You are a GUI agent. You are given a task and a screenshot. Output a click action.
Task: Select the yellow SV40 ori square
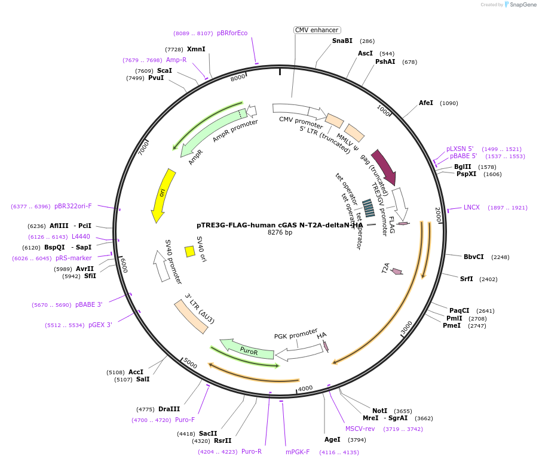(190, 251)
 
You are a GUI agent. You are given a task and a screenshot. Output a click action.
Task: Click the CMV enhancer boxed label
(317, 30)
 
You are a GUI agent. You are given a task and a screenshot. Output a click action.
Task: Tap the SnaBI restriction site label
(342, 41)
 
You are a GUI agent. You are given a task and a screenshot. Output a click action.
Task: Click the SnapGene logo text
(522, 5)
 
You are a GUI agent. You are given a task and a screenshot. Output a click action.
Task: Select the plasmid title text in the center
(280, 225)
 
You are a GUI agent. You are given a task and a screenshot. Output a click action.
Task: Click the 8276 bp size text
(280, 233)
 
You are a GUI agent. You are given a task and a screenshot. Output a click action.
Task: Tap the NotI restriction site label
(379, 411)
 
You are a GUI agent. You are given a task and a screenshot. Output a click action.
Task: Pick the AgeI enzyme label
(332, 439)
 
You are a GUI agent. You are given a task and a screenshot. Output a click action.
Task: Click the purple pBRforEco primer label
(232, 33)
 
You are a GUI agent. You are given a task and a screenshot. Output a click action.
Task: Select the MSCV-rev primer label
(360, 429)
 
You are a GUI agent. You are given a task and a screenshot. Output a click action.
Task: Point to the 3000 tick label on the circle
(406, 328)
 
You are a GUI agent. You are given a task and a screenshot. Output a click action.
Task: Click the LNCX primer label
(471, 207)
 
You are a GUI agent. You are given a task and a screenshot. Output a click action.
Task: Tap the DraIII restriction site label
(169, 409)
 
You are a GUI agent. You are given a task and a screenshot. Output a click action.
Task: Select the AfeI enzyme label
(426, 103)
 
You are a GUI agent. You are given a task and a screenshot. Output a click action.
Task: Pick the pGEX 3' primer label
(100, 325)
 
